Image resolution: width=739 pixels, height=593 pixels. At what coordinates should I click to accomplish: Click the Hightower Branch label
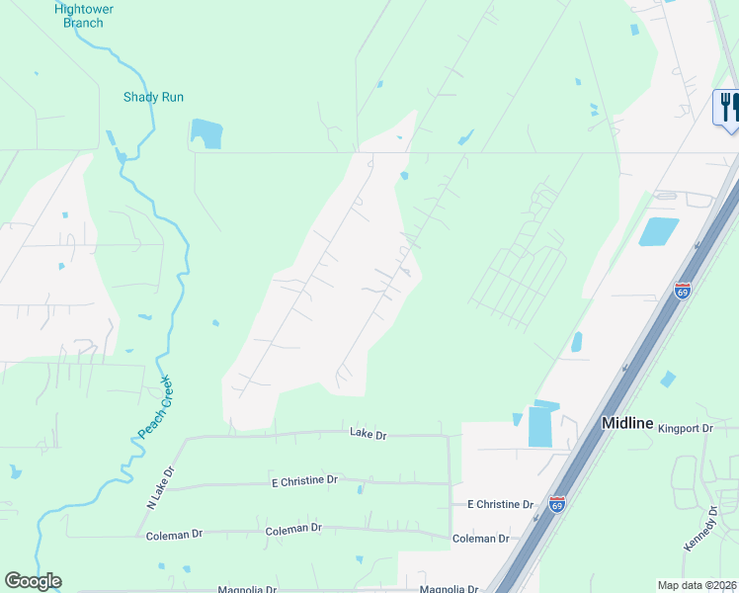[84, 16]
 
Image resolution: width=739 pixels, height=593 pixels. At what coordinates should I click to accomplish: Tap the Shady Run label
[153, 97]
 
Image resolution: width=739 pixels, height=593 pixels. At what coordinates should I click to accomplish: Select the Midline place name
[627, 423]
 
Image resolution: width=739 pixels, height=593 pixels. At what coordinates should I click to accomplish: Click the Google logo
[33, 581]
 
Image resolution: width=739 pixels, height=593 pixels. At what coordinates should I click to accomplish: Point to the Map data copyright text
[697, 585]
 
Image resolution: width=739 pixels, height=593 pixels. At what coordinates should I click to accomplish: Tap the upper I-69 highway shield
[682, 291]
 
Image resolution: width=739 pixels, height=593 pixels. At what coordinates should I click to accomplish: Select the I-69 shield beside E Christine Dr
[557, 504]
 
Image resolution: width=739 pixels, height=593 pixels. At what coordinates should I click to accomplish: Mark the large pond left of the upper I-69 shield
[658, 231]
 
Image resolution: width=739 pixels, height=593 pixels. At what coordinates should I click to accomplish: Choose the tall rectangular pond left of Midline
[541, 425]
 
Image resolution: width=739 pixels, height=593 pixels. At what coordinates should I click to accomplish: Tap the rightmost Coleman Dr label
[480, 539]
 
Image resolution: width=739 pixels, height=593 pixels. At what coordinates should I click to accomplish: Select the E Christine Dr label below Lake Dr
[304, 480]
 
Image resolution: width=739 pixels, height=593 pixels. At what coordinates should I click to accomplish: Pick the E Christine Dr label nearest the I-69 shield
[500, 504]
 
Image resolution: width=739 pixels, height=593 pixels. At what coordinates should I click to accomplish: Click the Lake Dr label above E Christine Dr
[368, 433]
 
